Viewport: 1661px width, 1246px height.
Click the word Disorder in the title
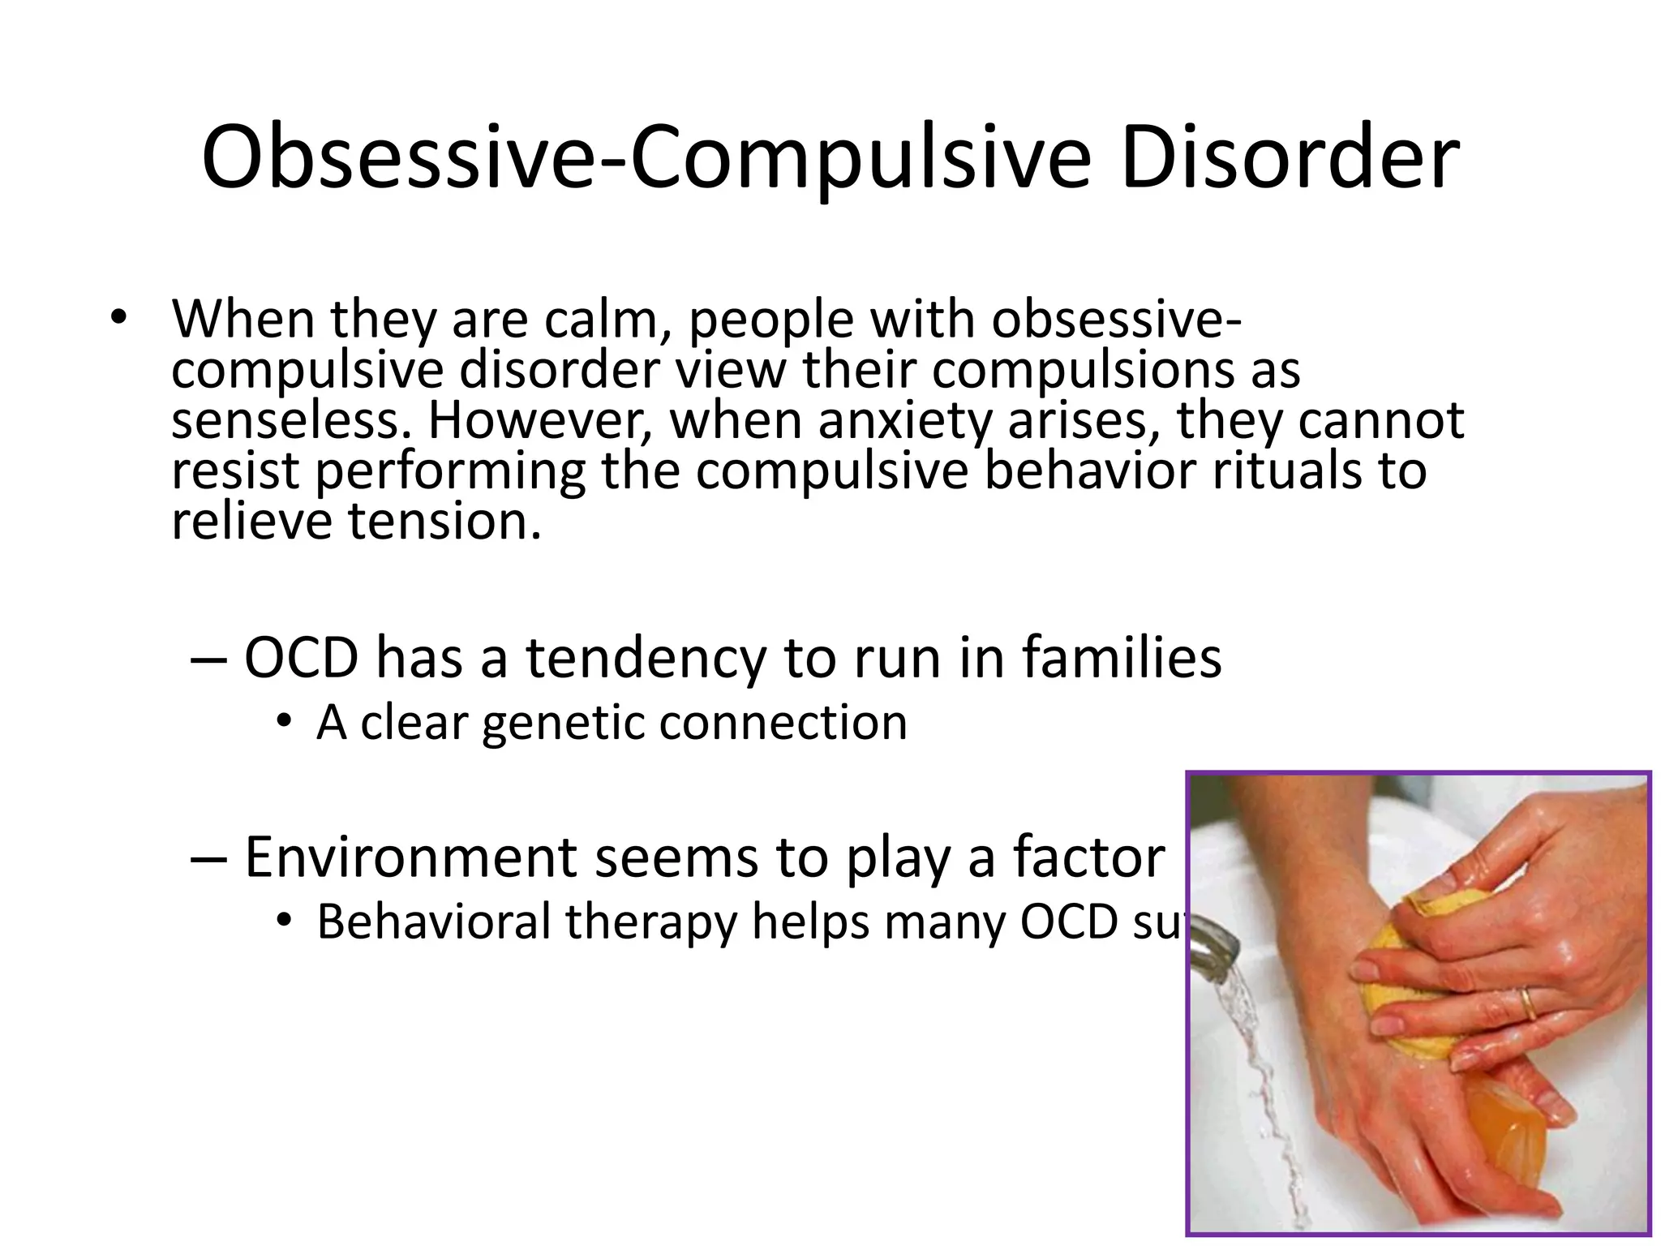coord(1290,157)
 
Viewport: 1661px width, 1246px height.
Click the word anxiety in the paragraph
coord(904,422)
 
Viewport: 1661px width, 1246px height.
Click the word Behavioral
coord(433,922)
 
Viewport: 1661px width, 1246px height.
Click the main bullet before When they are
coord(119,318)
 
